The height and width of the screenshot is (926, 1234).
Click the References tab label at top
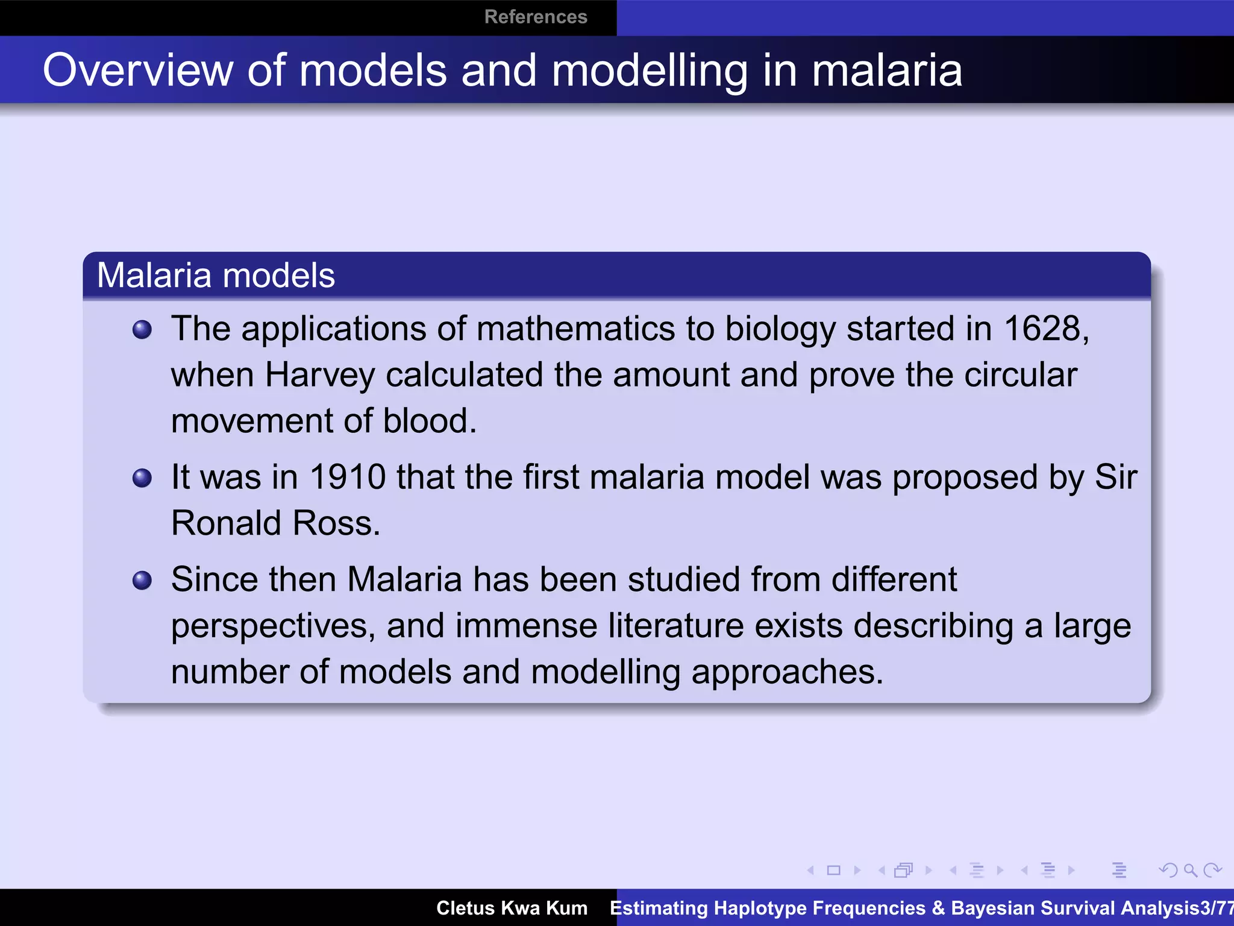pos(535,17)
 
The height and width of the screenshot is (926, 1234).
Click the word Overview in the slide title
pos(137,71)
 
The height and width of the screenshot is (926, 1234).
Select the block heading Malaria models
pos(216,276)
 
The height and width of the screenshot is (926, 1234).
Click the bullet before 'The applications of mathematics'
pos(142,330)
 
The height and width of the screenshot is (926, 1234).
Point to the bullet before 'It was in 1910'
pos(142,478)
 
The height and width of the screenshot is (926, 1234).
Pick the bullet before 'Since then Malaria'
pos(142,581)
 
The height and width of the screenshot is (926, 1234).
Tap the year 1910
pos(347,477)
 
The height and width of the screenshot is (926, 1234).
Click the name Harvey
pos(320,376)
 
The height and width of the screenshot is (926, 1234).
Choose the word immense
pos(526,626)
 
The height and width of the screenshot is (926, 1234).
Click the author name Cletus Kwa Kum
pos(512,908)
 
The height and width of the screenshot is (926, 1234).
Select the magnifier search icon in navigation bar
pos(1190,870)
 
